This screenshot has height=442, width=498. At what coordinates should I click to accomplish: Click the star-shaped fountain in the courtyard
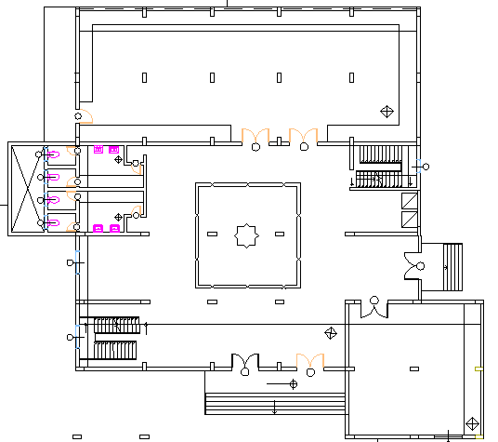coord(247,235)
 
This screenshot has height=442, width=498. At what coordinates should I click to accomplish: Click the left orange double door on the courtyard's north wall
coord(256,137)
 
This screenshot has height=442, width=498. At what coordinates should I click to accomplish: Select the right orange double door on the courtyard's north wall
coord(303,137)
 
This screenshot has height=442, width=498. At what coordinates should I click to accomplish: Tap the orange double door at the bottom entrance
coord(309,361)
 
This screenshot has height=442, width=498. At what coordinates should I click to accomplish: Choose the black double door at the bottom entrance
coord(244,361)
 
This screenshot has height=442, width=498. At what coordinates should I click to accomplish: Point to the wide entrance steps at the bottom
coord(275,404)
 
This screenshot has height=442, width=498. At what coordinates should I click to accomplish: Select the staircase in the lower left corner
coord(115,338)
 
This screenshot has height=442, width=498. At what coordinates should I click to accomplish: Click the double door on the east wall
coord(413,264)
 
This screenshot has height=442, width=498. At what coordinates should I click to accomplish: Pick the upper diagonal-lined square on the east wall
coord(410,200)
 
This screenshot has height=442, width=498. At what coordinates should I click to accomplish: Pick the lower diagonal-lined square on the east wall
coord(410,220)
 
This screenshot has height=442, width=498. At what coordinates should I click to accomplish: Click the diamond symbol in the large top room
coord(387,112)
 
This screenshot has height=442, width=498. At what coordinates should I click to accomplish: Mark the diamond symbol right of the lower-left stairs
coord(330,333)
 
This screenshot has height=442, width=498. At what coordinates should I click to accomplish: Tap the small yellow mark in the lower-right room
coord(478,368)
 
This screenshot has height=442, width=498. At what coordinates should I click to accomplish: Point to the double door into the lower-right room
coord(374,309)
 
